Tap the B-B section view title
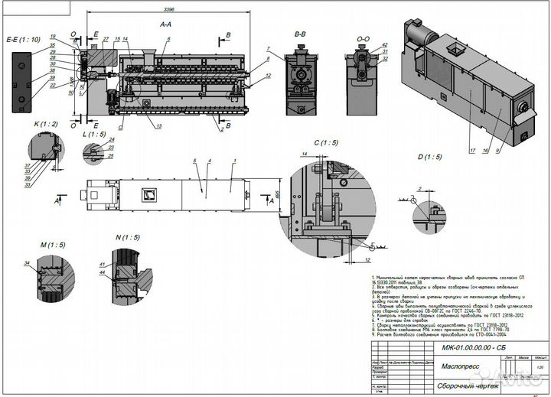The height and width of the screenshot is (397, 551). (301, 34)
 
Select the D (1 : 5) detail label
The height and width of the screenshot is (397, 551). (430, 157)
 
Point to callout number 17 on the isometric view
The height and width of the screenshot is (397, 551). (472, 150)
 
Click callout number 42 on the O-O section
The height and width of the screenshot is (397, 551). (384, 45)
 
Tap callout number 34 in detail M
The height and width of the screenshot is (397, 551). (27, 263)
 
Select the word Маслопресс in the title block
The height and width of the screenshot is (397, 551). (461, 366)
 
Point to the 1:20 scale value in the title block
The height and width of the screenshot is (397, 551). (540, 366)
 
